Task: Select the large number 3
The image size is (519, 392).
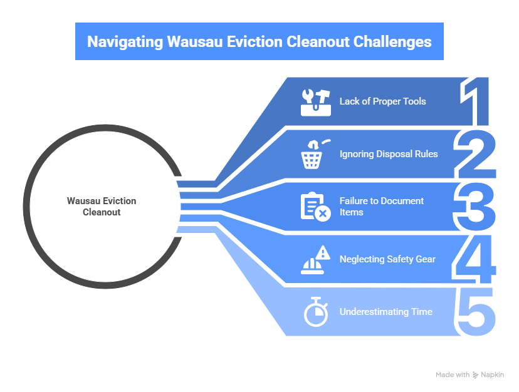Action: tap(476, 207)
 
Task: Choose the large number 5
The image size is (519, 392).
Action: tap(476, 311)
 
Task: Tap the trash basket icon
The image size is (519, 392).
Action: tap(312, 154)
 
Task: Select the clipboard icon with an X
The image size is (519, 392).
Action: tap(315, 207)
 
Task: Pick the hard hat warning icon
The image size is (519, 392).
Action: tap(315, 259)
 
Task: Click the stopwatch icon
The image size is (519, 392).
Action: tap(315, 312)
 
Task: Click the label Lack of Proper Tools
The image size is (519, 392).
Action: tap(382, 101)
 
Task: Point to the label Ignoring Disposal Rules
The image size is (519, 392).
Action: tap(389, 154)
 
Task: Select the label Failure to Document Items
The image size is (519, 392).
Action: tap(382, 207)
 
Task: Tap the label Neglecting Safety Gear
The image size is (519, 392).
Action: tap(387, 259)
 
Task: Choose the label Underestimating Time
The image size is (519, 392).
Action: tap(385, 312)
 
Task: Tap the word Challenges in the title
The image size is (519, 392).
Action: tap(393, 42)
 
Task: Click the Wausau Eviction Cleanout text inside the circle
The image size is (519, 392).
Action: tap(102, 207)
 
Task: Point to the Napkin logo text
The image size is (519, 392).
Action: tap(493, 375)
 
